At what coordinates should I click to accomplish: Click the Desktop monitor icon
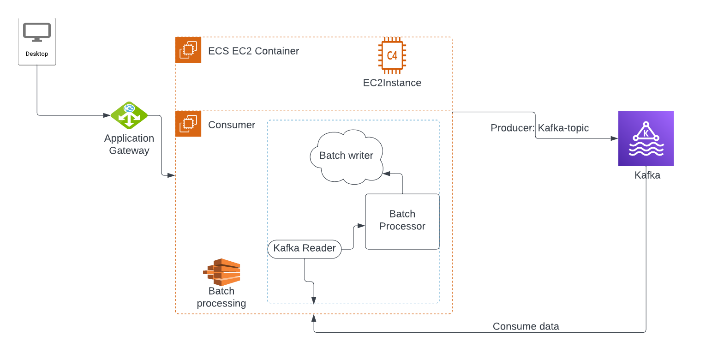point(36,32)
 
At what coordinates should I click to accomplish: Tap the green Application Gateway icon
point(129,115)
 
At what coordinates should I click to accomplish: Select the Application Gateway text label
point(129,144)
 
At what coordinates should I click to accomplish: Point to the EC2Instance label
point(392,83)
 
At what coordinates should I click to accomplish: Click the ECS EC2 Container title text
point(253,51)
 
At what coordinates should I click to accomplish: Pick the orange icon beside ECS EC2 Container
point(188,50)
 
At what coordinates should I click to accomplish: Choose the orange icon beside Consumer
point(188,124)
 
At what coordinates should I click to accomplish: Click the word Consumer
point(232,125)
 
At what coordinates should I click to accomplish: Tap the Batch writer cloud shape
point(346,156)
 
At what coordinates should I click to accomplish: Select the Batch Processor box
point(402,221)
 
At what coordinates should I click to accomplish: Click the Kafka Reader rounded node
point(305,248)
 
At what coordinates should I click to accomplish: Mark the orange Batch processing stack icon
point(222,272)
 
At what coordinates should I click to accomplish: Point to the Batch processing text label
point(221,297)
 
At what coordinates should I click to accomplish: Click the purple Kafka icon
point(646,138)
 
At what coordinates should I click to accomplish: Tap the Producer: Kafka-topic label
point(539,128)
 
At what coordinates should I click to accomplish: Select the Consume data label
point(526,327)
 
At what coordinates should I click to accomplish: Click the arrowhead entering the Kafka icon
point(615,138)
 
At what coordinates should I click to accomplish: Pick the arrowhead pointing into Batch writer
point(387,174)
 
